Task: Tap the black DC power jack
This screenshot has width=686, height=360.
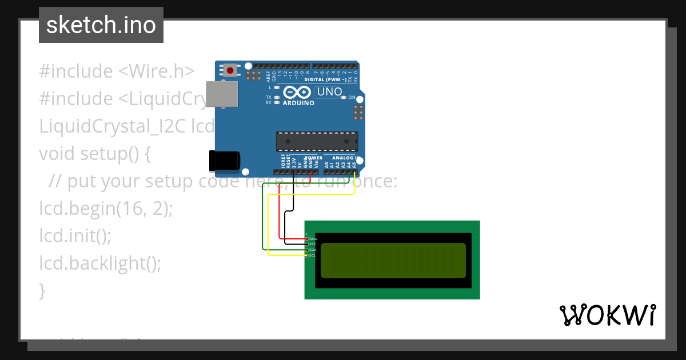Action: click(x=224, y=161)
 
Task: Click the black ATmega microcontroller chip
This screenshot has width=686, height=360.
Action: click(x=317, y=141)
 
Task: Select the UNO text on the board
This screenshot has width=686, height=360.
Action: click(x=329, y=92)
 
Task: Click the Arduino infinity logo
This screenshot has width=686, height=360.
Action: click(x=297, y=92)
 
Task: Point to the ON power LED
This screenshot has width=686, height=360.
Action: click(x=344, y=98)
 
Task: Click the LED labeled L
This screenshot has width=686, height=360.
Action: click(x=277, y=87)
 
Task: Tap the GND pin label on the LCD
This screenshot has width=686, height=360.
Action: click(x=313, y=238)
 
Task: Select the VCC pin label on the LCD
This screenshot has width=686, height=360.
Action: click(x=313, y=244)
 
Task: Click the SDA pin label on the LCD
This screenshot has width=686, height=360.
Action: click(x=313, y=250)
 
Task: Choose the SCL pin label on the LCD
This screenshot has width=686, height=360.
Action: click(x=313, y=255)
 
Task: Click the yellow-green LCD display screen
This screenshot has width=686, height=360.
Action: click(x=393, y=260)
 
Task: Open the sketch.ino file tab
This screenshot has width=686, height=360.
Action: click(x=101, y=25)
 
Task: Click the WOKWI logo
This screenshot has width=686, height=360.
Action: click(x=607, y=315)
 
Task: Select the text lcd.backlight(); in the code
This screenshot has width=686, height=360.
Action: click(x=101, y=263)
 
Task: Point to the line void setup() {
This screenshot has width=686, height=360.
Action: click(x=95, y=154)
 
